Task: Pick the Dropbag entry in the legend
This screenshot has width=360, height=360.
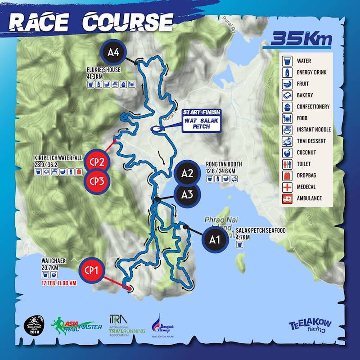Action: [x=306, y=175]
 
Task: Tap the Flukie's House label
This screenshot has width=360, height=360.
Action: [x=104, y=70]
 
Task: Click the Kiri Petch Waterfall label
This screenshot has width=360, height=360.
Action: [x=58, y=158]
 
